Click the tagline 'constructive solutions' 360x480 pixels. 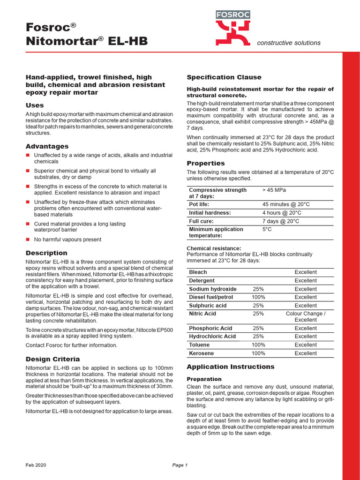(289, 43)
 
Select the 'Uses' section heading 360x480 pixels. (35, 105)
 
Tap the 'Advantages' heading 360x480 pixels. (47, 146)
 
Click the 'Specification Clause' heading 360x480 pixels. (224, 77)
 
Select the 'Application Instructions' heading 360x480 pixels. (231, 367)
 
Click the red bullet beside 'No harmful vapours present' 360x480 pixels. (28, 240)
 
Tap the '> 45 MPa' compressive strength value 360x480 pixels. (274, 190)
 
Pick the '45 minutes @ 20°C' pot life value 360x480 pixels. (286, 204)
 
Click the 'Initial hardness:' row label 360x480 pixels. (210, 213)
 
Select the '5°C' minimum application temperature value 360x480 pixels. (267, 229)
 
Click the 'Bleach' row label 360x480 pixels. (198, 272)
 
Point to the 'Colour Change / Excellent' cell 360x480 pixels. (306, 316)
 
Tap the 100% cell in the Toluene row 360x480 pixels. (258, 345)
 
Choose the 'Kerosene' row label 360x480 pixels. (201, 353)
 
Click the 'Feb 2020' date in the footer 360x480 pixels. (36, 465)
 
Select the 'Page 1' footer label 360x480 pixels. (180, 465)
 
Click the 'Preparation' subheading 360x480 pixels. (204, 379)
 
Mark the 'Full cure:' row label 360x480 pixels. (202, 221)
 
